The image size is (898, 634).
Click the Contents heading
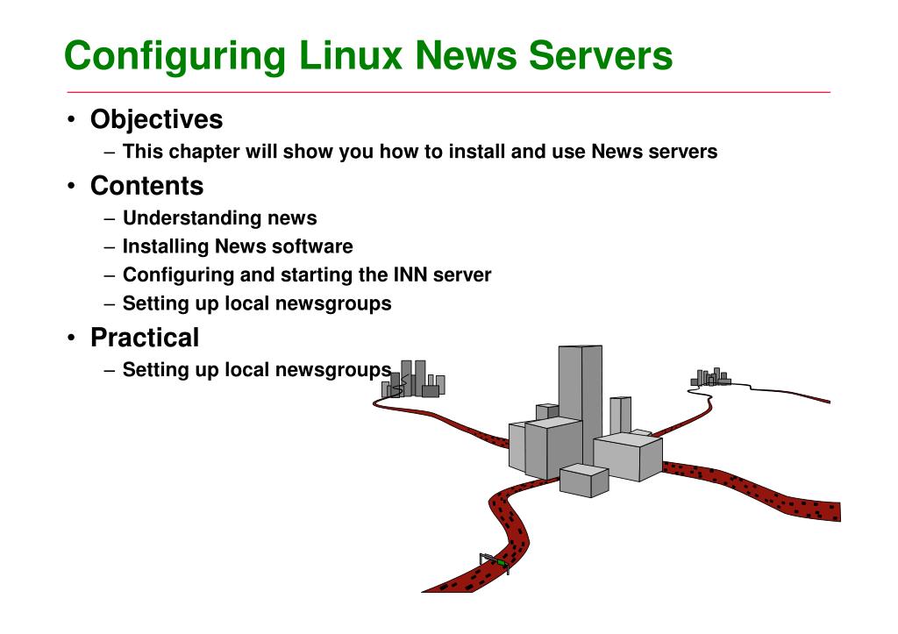[x=146, y=186]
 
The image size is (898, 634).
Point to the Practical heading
[x=145, y=337]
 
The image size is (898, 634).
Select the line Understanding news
[x=219, y=218]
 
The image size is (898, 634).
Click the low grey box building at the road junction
[x=584, y=480]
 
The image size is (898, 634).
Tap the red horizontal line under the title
[x=447, y=92]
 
